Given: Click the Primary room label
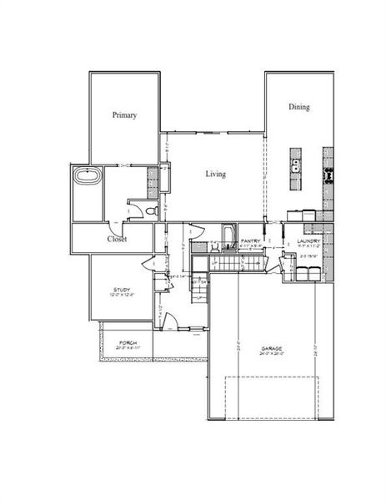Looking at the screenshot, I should coord(124,115).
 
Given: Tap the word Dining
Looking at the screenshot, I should coord(300,107).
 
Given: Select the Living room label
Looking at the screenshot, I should coord(216,174).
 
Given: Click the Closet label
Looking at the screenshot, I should coord(117,239).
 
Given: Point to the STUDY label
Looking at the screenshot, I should coord(122,289).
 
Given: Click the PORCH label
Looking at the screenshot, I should coord(128,342).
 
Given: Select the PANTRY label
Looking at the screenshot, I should coord(252,242).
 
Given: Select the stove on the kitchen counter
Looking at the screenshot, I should coord(328,175).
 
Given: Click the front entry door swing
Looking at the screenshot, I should coord(169,321).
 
